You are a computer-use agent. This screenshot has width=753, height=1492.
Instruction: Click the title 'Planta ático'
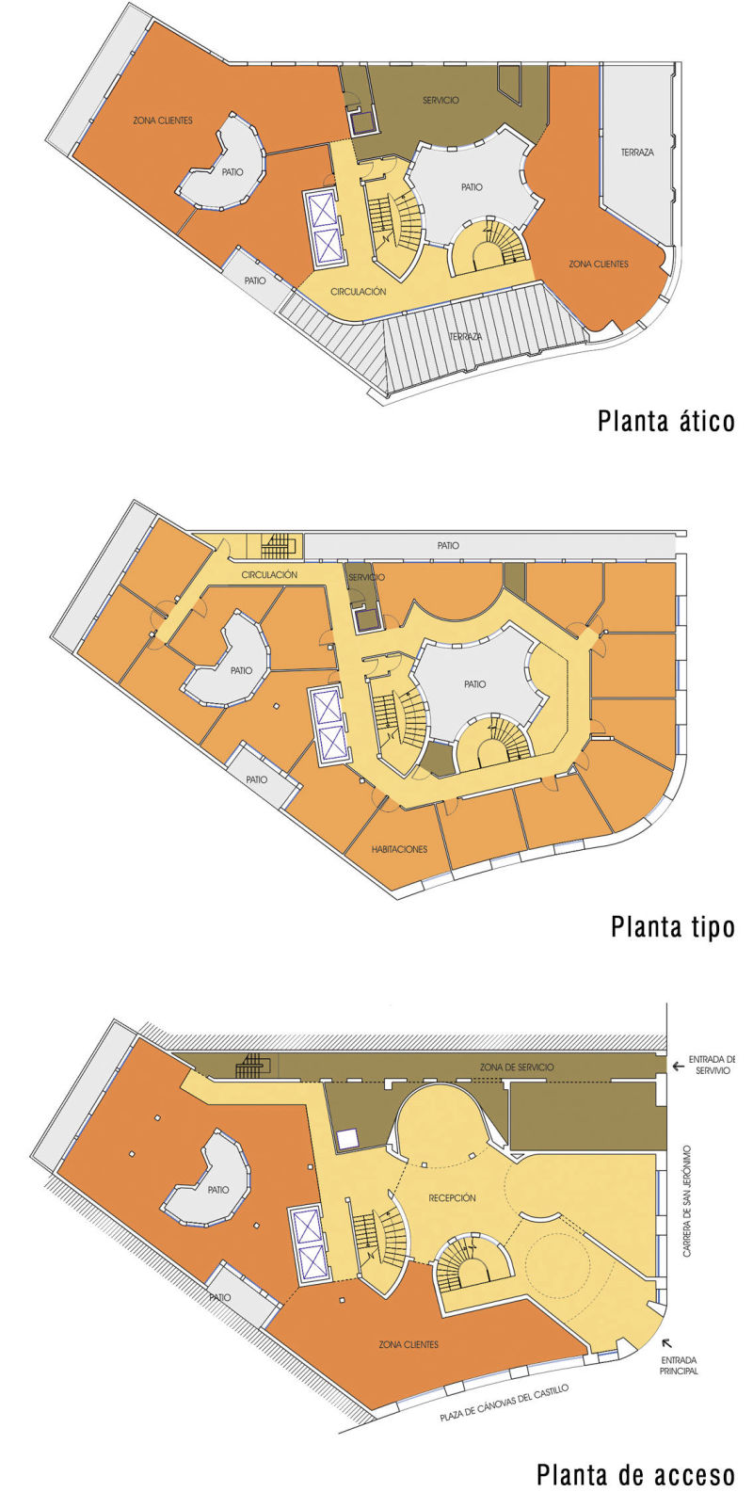pyautogui.click(x=665, y=421)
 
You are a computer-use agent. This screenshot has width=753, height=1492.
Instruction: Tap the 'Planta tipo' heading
pyautogui.click(x=672, y=926)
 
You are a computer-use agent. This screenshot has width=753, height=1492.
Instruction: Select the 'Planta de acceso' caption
pyautogui.click(x=635, y=1473)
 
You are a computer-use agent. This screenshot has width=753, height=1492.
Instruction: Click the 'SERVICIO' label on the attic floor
pyautogui.click(x=441, y=100)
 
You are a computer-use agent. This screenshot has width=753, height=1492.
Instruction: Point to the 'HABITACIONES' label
pyautogui.click(x=399, y=849)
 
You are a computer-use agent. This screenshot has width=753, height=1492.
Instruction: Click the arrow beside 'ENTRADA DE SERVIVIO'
pyautogui.click(x=679, y=1067)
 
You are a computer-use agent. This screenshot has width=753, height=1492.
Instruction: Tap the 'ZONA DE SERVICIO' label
pyautogui.click(x=517, y=1067)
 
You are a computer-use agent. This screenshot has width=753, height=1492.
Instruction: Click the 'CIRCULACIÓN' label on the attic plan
pyautogui.click(x=359, y=291)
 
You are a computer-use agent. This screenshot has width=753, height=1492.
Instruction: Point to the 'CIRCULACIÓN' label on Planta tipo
pyautogui.click(x=269, y=574)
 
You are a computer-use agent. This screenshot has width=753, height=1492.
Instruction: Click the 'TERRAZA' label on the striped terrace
pyautogui.click(x=465, y=336)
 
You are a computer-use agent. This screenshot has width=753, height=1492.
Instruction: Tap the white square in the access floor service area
pyautogui.click(x=347, y=1140)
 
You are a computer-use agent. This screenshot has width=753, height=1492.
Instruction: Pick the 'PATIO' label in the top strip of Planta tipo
pyautogui.click(x=448, y=546)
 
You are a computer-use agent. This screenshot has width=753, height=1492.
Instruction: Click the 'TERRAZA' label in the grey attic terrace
pyautogui.click(x=637, y=152)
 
